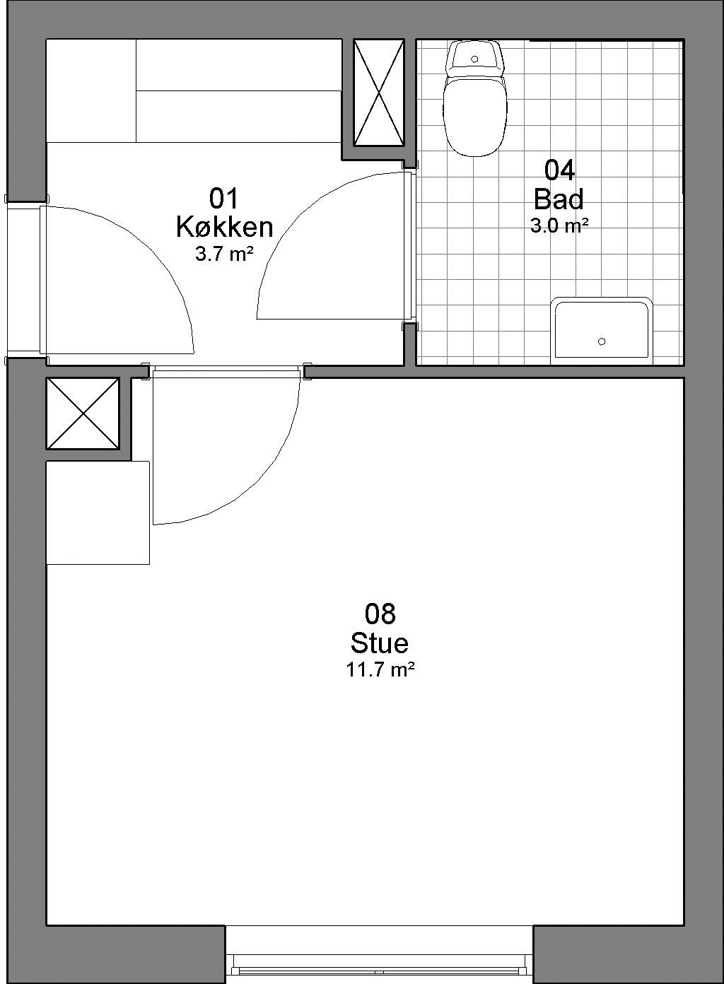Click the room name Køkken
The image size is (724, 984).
(x=225, y=228)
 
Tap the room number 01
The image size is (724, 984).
(x=223, y=198)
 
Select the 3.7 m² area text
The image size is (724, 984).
(x=225, y=254)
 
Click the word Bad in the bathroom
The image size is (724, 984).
(x=559, y=199)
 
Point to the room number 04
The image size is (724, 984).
(x=559, y=170)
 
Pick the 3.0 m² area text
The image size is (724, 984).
(x=559, y=225)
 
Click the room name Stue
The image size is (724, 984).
(x=380, y=643)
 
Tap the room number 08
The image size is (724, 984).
(x=380, y=614)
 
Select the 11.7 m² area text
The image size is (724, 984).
(x=380, y=670)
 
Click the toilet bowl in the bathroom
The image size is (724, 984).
(x=474, y=117)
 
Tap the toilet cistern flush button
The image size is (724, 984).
(x=474, y=59)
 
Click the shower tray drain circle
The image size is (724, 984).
(x=602, y=341)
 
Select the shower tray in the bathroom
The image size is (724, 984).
(x=602, y=331)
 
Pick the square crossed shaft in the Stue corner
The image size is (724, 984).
(x=83, y=414)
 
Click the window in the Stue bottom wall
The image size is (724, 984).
(x=379, y=971)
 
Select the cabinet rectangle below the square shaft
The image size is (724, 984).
(x=98, y=512)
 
